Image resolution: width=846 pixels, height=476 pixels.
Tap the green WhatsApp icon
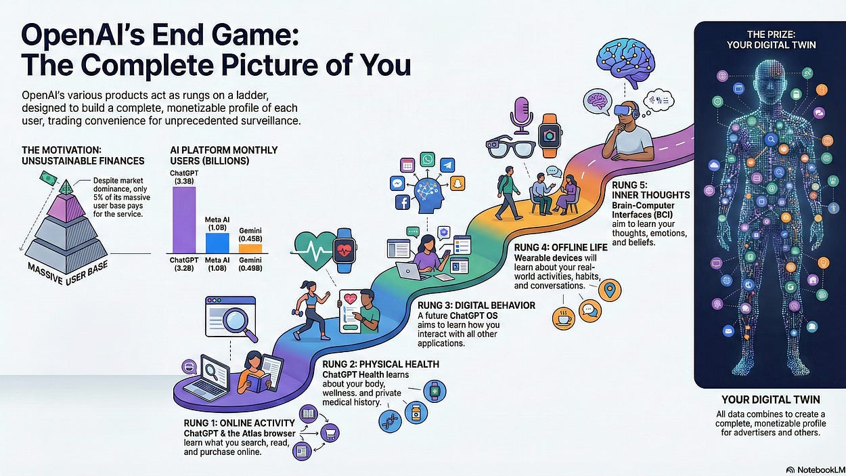tap(428, 159)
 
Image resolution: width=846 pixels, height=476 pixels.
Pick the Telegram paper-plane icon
tap(447, 164)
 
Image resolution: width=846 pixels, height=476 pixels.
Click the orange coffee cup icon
tap(563, 318)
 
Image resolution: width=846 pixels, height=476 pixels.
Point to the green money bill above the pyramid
tap(50, 177)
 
